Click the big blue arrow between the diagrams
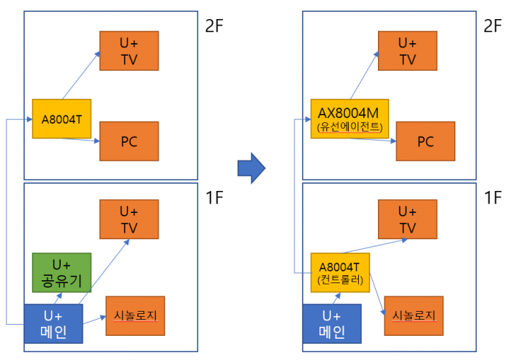[251, 168]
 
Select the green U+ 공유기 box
[61, 273]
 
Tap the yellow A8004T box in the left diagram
[61, 119]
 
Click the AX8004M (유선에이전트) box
[349, 119]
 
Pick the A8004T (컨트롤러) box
[340, 273]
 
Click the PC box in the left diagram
[129, 141]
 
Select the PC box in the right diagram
[425, 141]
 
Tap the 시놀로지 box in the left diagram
[135, 315]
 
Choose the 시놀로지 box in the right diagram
[414, 315]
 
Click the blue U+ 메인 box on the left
[53, 323]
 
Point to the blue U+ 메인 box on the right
[332, 323]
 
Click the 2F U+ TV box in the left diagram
[129, 51]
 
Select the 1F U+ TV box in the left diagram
[129, 219]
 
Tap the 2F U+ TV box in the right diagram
[408, 51]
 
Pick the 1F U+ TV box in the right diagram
[408, 219]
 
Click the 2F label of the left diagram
[214, 26]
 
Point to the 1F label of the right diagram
[493, 198]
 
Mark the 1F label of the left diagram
[214, 198]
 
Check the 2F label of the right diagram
[493, 26]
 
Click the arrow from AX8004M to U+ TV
[364, 75]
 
